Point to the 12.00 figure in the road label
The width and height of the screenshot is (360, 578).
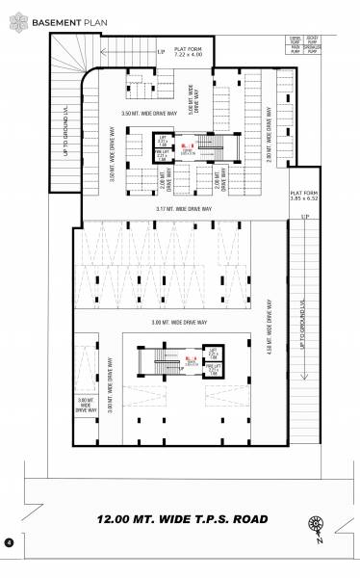tap(118, 519)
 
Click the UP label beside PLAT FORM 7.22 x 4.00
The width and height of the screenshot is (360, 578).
tap(162, 50)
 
